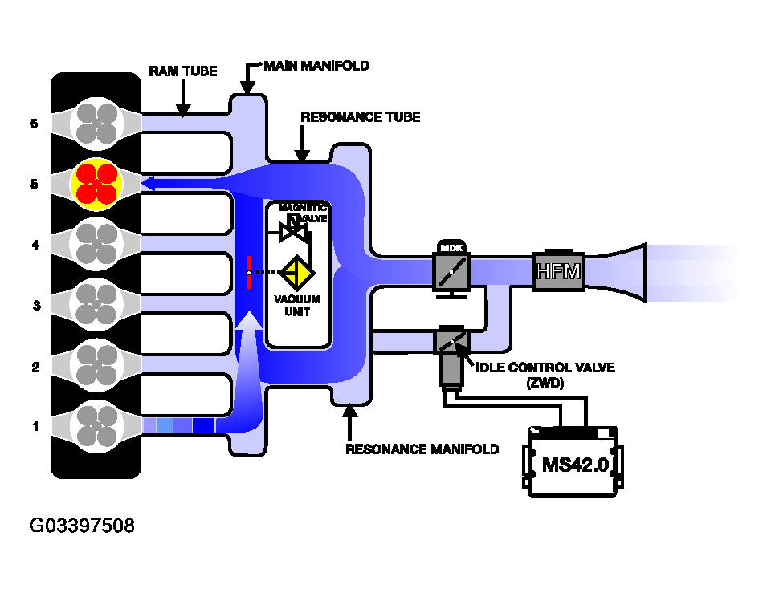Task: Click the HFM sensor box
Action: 558,270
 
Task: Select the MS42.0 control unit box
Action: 573,462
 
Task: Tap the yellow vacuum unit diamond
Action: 297,272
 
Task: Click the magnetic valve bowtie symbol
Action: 293,231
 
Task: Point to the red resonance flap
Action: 249,272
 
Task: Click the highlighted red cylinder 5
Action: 96,185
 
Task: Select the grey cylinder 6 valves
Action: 96,124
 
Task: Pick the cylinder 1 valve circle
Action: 96,426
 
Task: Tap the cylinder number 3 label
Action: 36,306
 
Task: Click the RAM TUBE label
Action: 183,71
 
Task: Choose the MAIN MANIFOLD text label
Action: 316,66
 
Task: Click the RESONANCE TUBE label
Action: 361,117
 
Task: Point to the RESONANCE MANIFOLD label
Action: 422,449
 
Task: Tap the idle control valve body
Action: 451,355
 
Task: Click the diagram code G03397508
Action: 82,526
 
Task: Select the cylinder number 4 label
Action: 35,245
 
